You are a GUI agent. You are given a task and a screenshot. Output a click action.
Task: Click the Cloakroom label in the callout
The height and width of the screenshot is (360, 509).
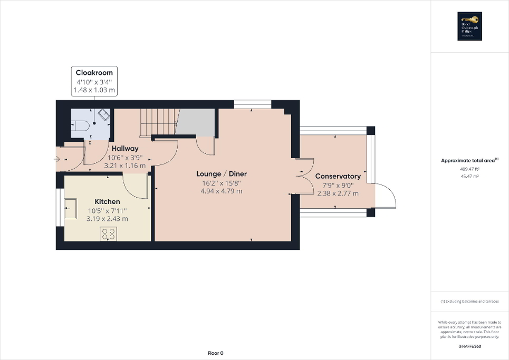click(x=94, y=72)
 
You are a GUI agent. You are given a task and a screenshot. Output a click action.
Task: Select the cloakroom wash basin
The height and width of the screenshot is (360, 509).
click(x=103, y=115)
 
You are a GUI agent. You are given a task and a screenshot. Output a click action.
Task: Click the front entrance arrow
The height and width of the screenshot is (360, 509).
click(x=57, y=158)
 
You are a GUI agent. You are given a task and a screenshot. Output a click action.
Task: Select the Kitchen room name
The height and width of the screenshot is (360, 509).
click(x=107, y=201)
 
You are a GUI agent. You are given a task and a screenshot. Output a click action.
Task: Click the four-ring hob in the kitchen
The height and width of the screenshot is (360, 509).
click(x=108, y=233)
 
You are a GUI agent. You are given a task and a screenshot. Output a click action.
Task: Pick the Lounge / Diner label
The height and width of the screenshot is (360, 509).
click(x=222, y=174)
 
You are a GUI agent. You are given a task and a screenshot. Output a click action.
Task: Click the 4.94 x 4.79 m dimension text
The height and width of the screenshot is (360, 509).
click(x=222, y=191)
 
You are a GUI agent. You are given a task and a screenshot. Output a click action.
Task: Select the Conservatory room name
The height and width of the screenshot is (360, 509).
click(x=338, y=176)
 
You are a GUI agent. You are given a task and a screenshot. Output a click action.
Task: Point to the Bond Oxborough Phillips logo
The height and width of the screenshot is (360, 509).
click(x=469, y=26)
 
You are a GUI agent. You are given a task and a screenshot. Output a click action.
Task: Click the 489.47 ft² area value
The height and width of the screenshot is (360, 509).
click(x=469, y=169)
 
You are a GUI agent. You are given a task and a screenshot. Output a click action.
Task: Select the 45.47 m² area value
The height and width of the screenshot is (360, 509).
click(x=469, y=177)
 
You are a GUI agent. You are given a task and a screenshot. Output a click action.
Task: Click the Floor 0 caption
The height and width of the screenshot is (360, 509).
click(x=215, y=353)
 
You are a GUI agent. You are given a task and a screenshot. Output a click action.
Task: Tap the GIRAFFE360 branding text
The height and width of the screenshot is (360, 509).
click(x=469, y=346)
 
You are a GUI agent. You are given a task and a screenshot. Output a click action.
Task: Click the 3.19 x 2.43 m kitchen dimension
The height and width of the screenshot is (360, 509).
click(x=107, y=219)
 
